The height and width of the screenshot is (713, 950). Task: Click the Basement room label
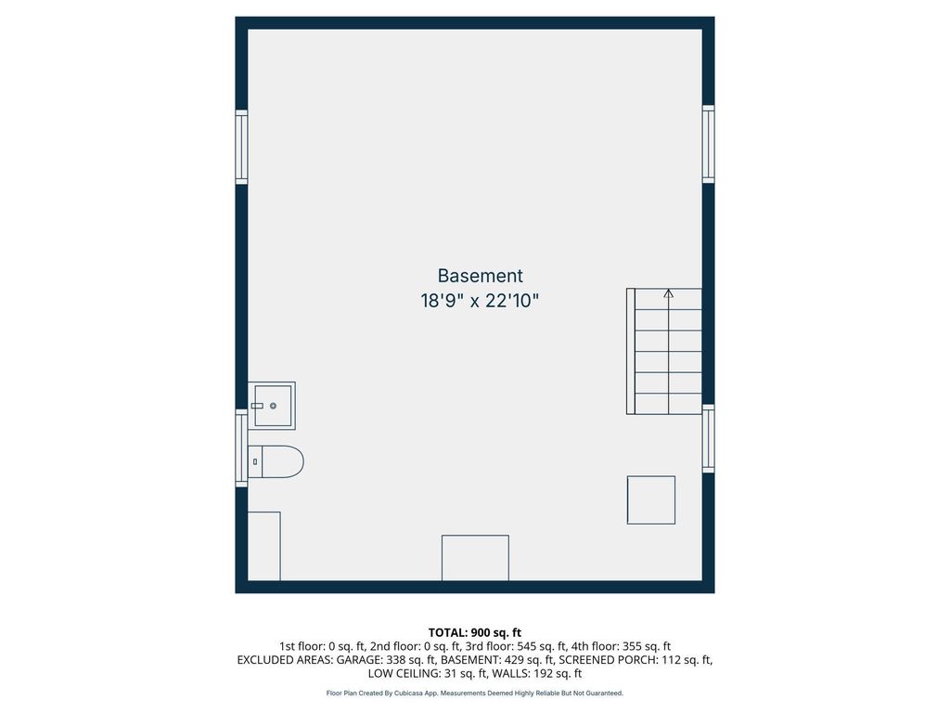[480, 276]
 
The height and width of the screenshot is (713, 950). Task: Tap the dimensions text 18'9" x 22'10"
[480, 302]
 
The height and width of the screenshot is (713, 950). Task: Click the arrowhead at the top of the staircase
[668, 293]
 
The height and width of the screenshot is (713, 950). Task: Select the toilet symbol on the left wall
[276, 461]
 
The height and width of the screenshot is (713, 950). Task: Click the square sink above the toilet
[273, 406]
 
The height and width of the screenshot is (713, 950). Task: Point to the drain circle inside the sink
[274, 406]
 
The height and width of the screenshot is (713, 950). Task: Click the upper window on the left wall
[241, 146]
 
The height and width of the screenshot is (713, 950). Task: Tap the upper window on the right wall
[708, 144]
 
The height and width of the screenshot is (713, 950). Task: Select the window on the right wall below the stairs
[708, 437]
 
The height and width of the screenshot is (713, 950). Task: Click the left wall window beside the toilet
[241, 449]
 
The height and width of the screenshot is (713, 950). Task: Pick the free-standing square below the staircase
[650, 499]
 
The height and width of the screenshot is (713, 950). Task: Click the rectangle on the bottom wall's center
[475, 558]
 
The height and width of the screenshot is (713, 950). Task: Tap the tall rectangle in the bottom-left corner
[264, 546]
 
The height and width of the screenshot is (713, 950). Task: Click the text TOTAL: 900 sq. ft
[475, 632]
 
